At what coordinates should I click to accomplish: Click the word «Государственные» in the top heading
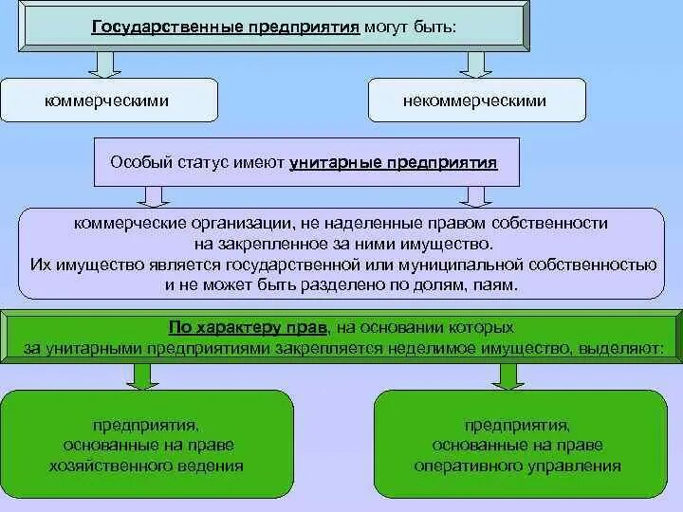(x=158, y=27)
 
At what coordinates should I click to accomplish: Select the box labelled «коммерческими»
(x=109, y=100)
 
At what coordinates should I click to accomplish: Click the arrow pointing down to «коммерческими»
(x=103, y=64)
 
